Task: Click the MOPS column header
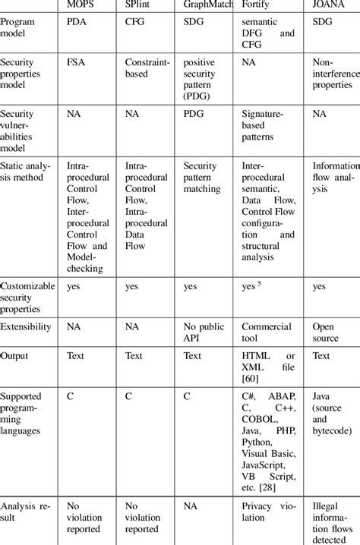coord(82,5)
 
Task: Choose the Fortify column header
coord(256,5)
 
